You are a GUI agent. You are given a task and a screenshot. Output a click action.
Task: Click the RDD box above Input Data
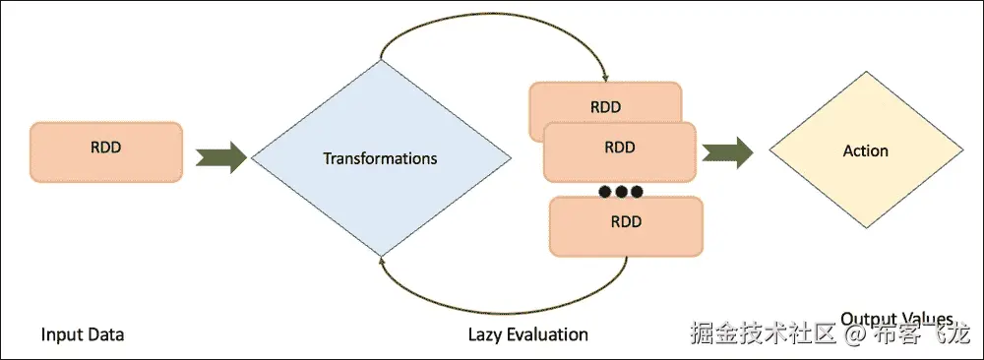point(106,151)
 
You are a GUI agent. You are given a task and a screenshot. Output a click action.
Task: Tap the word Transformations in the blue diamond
point(380,157)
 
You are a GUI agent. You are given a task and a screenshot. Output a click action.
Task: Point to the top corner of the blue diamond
point(380,61)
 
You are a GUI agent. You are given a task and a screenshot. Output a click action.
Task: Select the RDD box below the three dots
point(626,222)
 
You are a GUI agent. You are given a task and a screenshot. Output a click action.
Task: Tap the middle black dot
point(617,190)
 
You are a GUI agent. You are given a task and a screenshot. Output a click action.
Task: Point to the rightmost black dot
point(636,190)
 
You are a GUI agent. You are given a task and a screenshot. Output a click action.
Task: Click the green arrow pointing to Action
point(728,151)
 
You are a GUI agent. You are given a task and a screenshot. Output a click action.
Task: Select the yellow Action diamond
point(865,151)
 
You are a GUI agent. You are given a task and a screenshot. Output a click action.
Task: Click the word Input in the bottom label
point(61,334)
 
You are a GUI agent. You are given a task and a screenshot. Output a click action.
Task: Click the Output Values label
point(896,319)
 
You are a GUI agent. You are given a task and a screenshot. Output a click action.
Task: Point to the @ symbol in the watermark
point(855,335)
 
